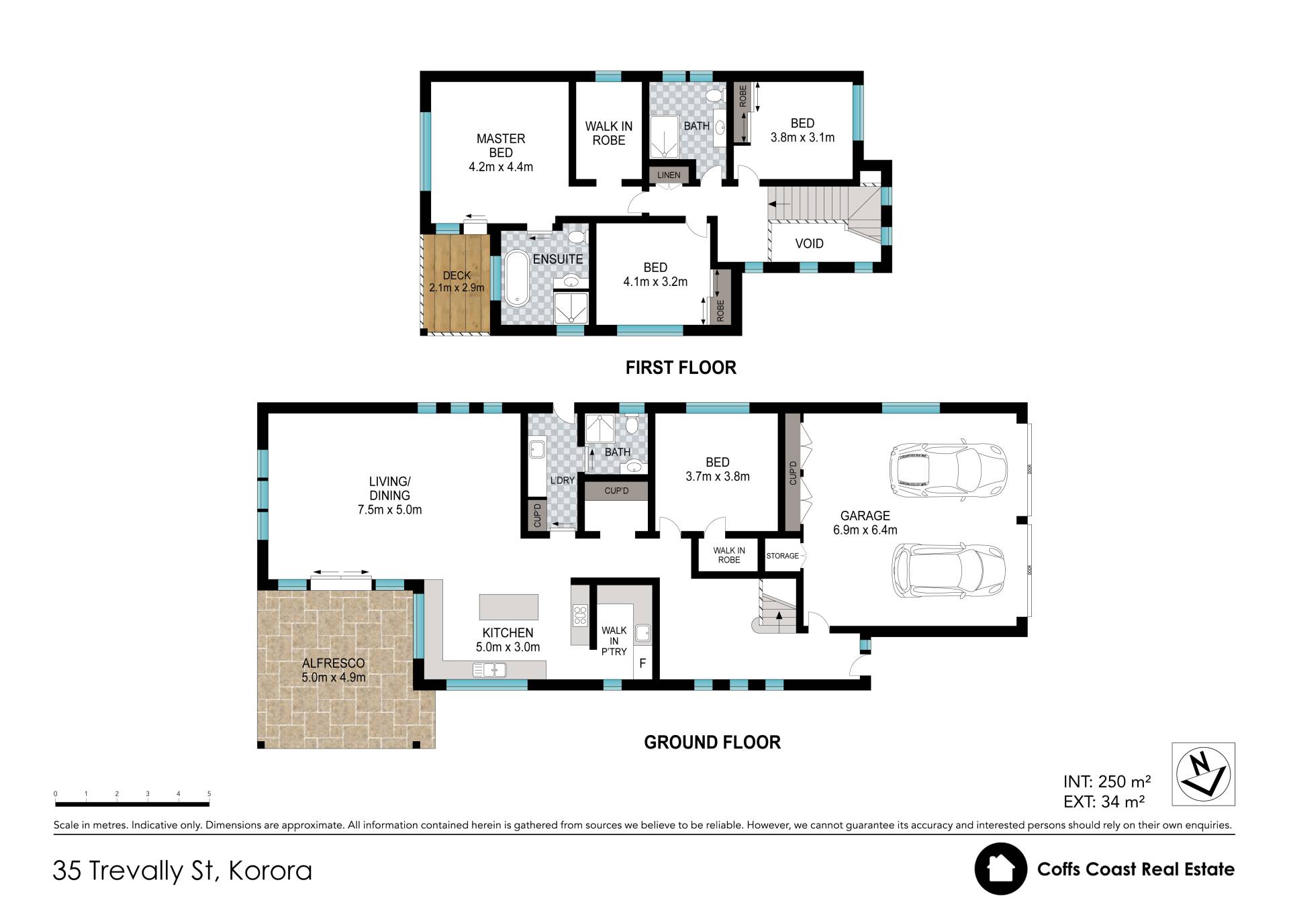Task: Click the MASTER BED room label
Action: click(501, 146)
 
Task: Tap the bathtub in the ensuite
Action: click(516, 278)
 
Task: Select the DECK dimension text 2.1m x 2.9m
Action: click(457, 288)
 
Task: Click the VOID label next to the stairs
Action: click(809, 244)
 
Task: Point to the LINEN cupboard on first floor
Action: click(669, 175)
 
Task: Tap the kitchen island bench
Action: click(508, 606)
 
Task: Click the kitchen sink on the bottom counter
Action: click(489, 669)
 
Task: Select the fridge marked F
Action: click(642, 664)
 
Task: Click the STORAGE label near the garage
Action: click(783, 556)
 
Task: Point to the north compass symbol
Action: click(1203, 774)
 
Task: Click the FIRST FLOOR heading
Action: click(681, 367)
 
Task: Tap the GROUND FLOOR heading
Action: click(712, 742)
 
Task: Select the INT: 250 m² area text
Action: click(1107, 781)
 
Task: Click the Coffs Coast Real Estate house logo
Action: click(1000, 869)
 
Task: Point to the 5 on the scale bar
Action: click(209, 794)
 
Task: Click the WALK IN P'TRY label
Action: click(614, 641)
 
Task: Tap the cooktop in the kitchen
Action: click(580, 615)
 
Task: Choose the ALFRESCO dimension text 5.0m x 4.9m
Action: click(334, 677)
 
